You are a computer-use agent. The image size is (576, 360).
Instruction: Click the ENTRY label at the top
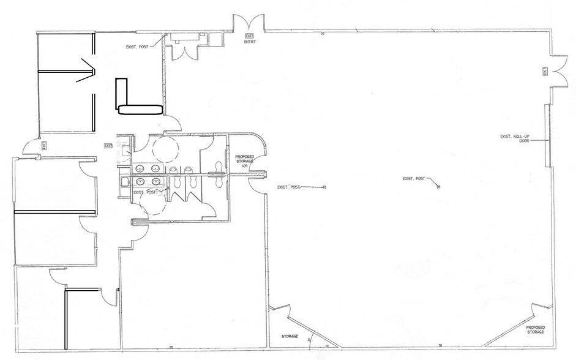(x=249, y=42)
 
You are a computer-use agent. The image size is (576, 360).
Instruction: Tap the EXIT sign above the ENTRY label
(x=249, y=36)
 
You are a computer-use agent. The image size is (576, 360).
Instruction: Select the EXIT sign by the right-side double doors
(x=545, y=72)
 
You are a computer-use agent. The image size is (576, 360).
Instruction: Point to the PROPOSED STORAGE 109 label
(x=244, y=160)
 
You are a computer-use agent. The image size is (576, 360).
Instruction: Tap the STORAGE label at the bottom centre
(x=289, y=336)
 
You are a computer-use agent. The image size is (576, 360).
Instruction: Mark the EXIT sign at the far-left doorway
(x=45, y=145)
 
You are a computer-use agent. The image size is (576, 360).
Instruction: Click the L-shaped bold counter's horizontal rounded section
(x=140, y=110)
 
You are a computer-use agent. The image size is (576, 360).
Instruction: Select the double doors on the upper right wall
(x=558, y=72)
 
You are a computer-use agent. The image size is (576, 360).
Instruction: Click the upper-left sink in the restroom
(x=140, y=167)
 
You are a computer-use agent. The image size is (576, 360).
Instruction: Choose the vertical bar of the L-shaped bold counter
(x=121, y=93)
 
